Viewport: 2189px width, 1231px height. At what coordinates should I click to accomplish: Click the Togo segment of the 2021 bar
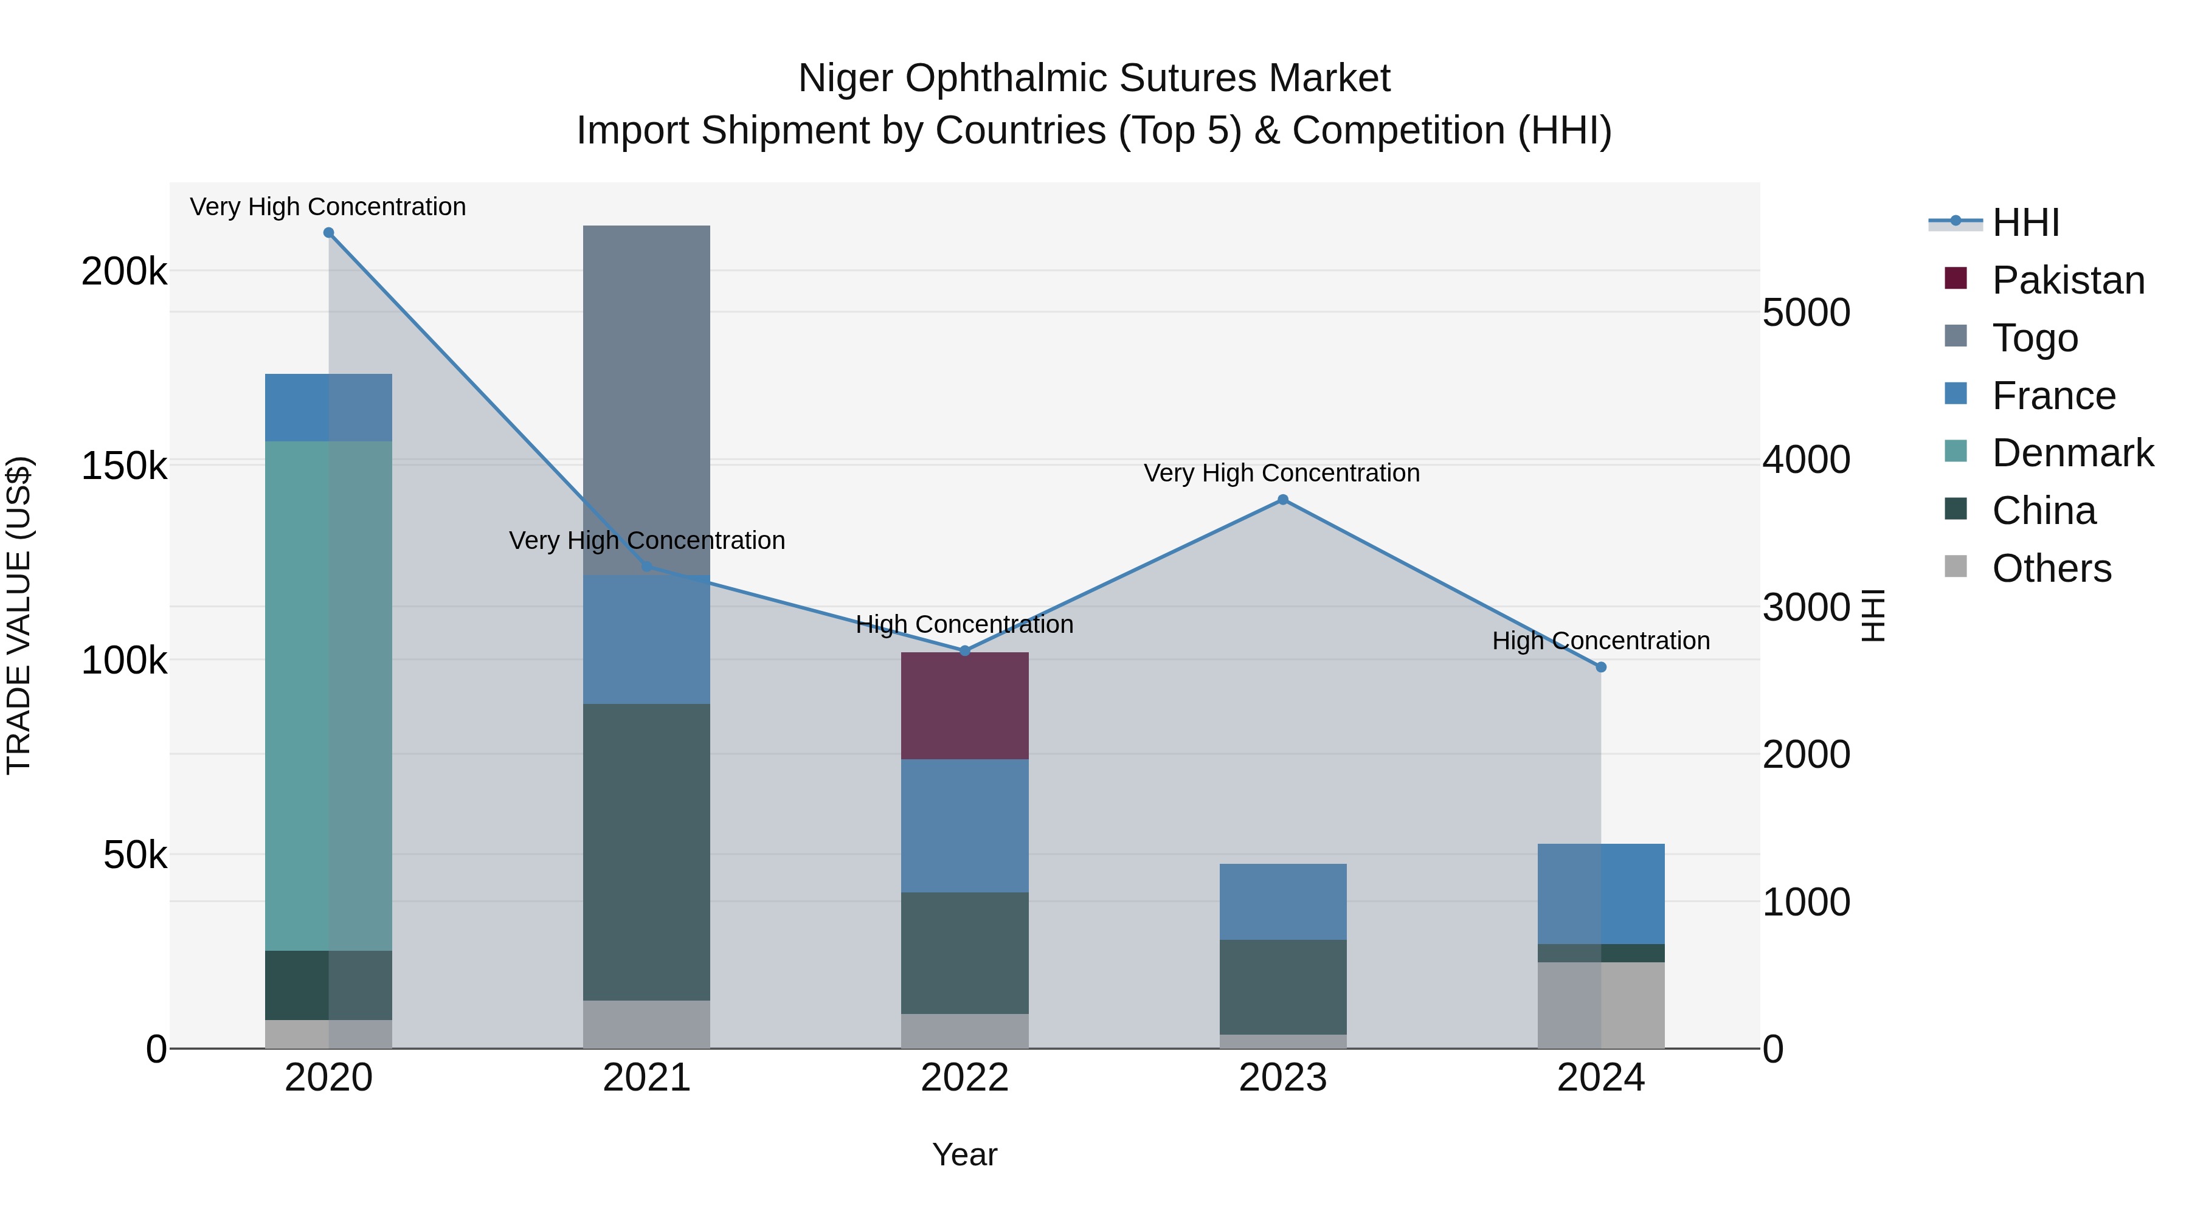coord(646,399)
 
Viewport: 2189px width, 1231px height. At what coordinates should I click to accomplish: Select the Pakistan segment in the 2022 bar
coord(964,705)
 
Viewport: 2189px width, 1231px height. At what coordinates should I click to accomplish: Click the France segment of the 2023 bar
coord(1282,902)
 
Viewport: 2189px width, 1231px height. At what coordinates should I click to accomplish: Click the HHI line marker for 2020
coord(329,233)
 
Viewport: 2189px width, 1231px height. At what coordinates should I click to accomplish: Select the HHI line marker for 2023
coord(1282,500)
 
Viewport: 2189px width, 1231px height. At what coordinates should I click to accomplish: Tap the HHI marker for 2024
coord(1601,667)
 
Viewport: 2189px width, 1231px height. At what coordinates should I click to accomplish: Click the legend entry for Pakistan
coord(2067,280)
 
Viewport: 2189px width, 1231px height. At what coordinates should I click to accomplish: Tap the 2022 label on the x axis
coord(964,1077)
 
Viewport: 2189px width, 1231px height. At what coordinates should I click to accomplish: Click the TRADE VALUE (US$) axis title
coord(19,615)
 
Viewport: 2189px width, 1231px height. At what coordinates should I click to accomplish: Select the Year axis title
coord(964,1154)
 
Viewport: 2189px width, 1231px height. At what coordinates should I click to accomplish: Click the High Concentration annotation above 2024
coord(1601,641)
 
